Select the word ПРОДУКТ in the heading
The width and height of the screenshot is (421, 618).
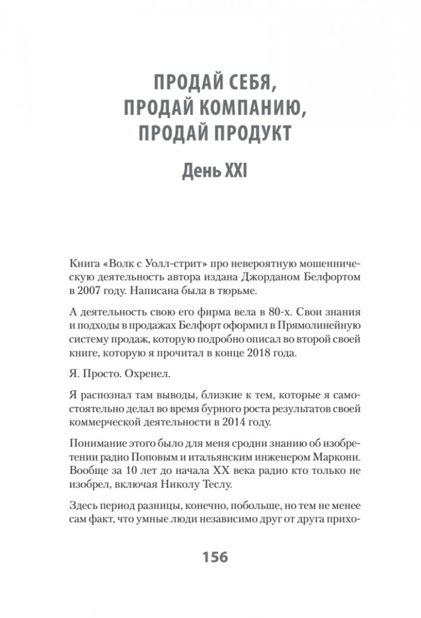tap(253, 133)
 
